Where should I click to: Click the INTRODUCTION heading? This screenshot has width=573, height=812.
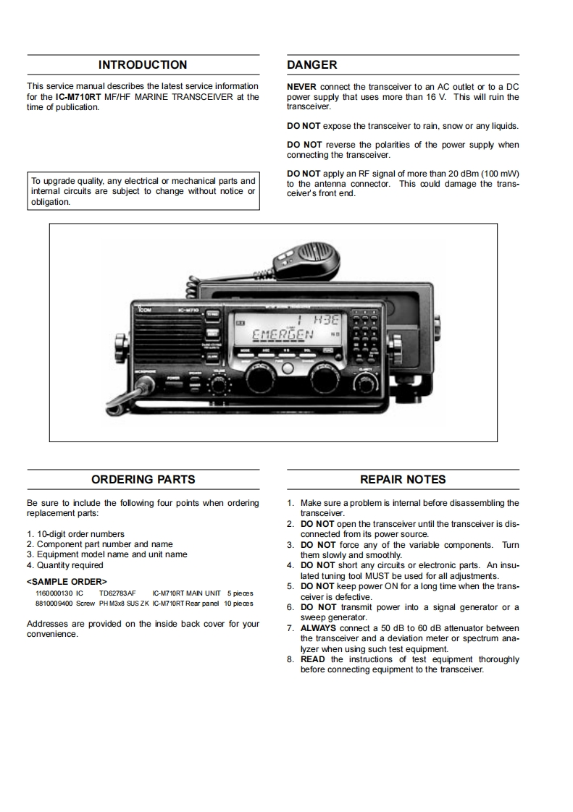(143, 64)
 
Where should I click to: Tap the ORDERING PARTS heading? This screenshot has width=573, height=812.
(143, 479)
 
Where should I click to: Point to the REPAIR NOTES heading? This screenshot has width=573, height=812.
(403, 479)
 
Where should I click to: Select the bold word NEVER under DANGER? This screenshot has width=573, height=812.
(301, 87)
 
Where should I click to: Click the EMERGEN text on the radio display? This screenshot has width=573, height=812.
(282, 334)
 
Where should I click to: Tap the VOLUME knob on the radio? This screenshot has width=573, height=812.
(218, 382)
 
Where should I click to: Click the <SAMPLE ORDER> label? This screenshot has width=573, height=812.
(67, 581)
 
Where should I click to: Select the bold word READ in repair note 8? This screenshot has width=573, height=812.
(313, 659)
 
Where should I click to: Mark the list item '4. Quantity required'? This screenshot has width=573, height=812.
(65, 565)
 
